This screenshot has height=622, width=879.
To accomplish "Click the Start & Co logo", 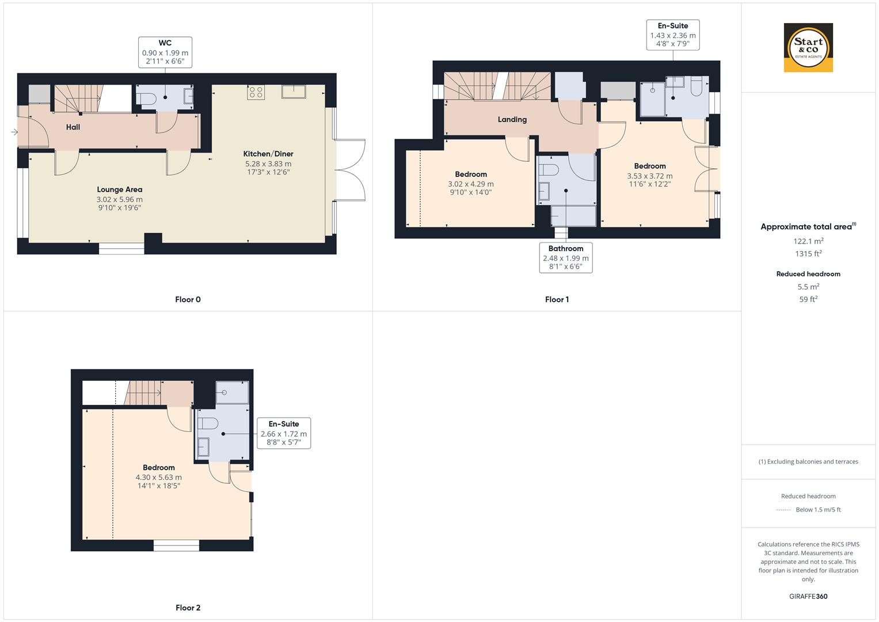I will [808, 48].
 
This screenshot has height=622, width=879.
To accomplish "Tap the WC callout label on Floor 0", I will [165, 52].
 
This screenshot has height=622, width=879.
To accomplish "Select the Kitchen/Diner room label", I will [268, 154].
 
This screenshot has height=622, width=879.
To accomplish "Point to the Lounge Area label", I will [119, 189].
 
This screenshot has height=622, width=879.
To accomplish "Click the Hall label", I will [73, 127].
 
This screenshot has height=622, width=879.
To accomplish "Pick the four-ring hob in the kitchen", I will [256, 92].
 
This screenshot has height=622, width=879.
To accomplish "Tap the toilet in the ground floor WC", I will [149, 99].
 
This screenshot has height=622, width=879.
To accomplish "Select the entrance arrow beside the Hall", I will [14, 132].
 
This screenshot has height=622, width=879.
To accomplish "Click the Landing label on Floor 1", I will [512, 120].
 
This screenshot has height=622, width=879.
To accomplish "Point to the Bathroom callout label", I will [566, 257].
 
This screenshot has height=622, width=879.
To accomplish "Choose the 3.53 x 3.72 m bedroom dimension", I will [649, 176].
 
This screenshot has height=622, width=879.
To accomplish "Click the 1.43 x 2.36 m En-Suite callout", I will [673, 35].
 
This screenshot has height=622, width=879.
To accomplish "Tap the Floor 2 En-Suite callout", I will [284, 434].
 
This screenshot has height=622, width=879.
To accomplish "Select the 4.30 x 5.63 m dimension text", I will [158, 477].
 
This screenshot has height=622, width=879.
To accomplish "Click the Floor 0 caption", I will [188, 299].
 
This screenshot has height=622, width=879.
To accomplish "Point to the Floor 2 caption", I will [188, 608].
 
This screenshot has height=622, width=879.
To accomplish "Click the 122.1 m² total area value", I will [808, 241].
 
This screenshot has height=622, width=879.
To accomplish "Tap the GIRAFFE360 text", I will [808, 597].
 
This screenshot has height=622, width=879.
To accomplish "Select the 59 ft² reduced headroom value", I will [808, 299].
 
